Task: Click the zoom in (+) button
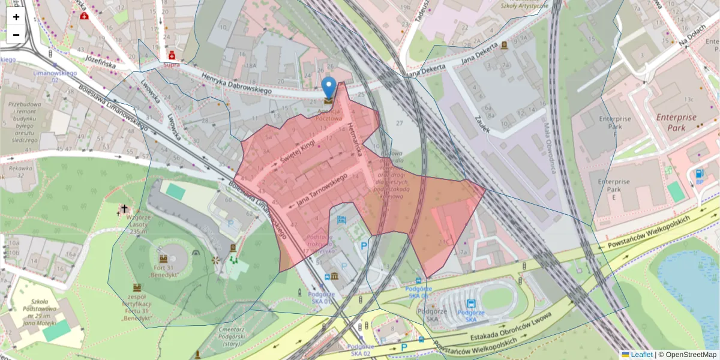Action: tap(16, 17)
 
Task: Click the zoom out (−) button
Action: tap(16, 35)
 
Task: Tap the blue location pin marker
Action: tap(329, 88)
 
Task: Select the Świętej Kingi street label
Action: tap(298, 150)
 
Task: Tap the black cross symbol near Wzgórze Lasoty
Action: tap(124, 209)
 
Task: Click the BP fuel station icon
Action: tap(699, 175)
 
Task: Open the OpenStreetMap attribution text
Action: tap(691, 355)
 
